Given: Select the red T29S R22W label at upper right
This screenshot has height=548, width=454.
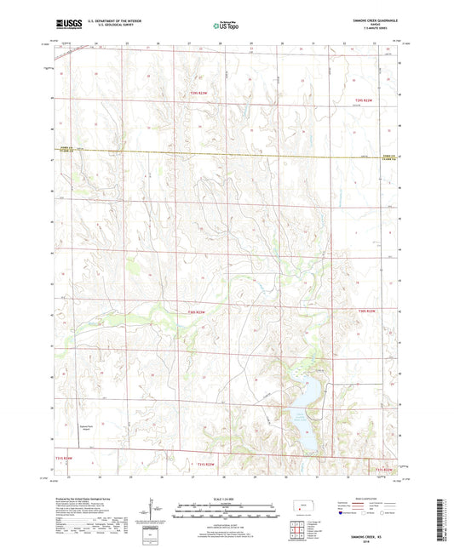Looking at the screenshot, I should [x=365, y=102].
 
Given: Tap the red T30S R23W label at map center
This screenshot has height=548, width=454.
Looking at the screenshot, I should [x=195, y=312].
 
